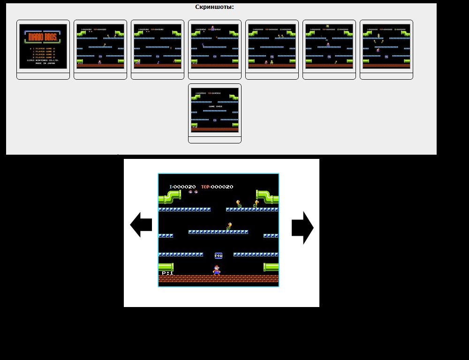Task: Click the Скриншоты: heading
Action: (x=214, y=7)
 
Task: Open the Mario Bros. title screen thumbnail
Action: (x=43, y=47)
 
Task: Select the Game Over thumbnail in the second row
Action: (x=215, y=110)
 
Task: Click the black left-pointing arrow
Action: (x=141, y=225)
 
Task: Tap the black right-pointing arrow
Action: (x=303, y=227)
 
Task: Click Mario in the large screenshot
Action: (x=216, y=270)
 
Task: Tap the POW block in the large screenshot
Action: (x=219, y=255)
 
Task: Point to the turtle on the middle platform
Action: (x=229, y=226)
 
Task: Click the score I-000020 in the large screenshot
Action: (x=182, y=187)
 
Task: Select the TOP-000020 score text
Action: (x=217, y=187)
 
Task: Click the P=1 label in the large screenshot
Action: (x=167, y=273)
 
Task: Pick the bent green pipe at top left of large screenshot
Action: (x=170, y=196)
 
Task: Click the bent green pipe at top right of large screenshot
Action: (x=267, y=196)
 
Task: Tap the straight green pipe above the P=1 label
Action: (x=166, y=267)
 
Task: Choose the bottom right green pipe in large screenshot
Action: (x=271, y=267)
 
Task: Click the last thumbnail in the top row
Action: (x=386, y=47)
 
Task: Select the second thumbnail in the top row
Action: (x=100, y=47)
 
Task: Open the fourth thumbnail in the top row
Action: (x=215, y=47)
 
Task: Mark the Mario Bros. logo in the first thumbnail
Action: (x=43, y=37)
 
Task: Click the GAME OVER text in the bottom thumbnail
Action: (x=215, y=106)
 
